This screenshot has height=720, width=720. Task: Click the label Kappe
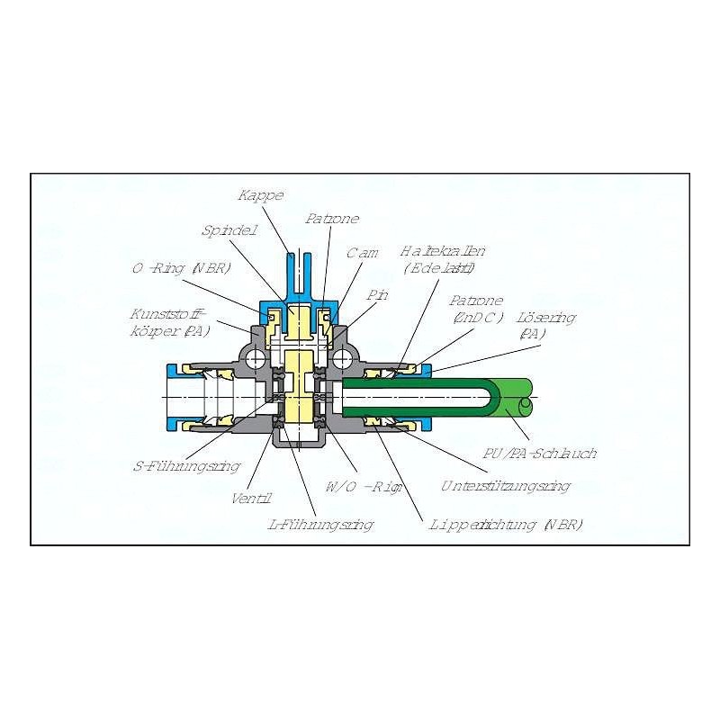point(261,195)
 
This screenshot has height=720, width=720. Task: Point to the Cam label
point(363,253)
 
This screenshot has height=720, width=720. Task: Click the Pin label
point(377,294)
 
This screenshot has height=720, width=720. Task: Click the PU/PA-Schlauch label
point(539,453)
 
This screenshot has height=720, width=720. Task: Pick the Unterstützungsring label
point(505,486)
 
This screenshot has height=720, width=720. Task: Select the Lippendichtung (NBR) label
point(506,524)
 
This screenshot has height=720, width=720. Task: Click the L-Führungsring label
point(321,524)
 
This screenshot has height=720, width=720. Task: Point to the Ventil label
point(251,498)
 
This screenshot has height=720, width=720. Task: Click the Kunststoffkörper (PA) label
point(170,321)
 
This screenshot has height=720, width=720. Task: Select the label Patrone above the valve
point(331,219)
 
